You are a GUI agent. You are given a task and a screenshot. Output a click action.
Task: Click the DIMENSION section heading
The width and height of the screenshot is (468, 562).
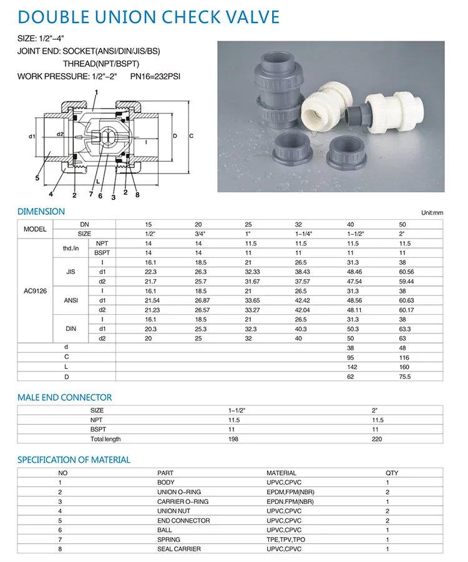click(41, 211)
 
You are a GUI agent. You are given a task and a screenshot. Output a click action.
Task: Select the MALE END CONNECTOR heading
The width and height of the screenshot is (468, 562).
click(65, 397)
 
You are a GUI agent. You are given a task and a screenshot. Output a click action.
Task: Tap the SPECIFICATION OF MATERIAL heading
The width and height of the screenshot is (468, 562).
click(74, 460)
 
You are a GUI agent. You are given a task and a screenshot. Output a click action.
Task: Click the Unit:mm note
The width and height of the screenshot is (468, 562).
click(431, 213)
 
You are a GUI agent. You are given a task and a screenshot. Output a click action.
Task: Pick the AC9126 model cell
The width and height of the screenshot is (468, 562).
click(36, 290)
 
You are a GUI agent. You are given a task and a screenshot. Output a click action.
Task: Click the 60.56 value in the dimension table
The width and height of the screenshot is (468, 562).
click(406, 272)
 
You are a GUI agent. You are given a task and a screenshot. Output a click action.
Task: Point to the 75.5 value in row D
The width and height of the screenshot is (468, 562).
click(405, 377)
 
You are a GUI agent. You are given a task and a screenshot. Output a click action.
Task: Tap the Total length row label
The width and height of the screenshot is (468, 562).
click(106, 439)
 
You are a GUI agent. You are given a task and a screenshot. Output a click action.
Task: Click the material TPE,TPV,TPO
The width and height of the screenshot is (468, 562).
click(285, 539)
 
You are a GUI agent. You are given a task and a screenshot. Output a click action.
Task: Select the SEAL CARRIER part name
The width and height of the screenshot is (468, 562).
click(177, 548)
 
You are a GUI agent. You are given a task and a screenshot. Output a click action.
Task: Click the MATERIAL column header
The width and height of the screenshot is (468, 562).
click(281, 473)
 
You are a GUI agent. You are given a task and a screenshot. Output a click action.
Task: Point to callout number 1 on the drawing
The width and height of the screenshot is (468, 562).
click(96, 93)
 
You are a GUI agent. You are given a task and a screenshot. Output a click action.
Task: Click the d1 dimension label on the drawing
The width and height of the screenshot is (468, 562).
click(32, 136)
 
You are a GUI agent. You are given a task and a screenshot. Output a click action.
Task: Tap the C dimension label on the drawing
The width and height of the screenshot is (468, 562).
click(191, 136)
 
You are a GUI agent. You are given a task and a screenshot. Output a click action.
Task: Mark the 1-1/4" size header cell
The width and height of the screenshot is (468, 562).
click(305, 233)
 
